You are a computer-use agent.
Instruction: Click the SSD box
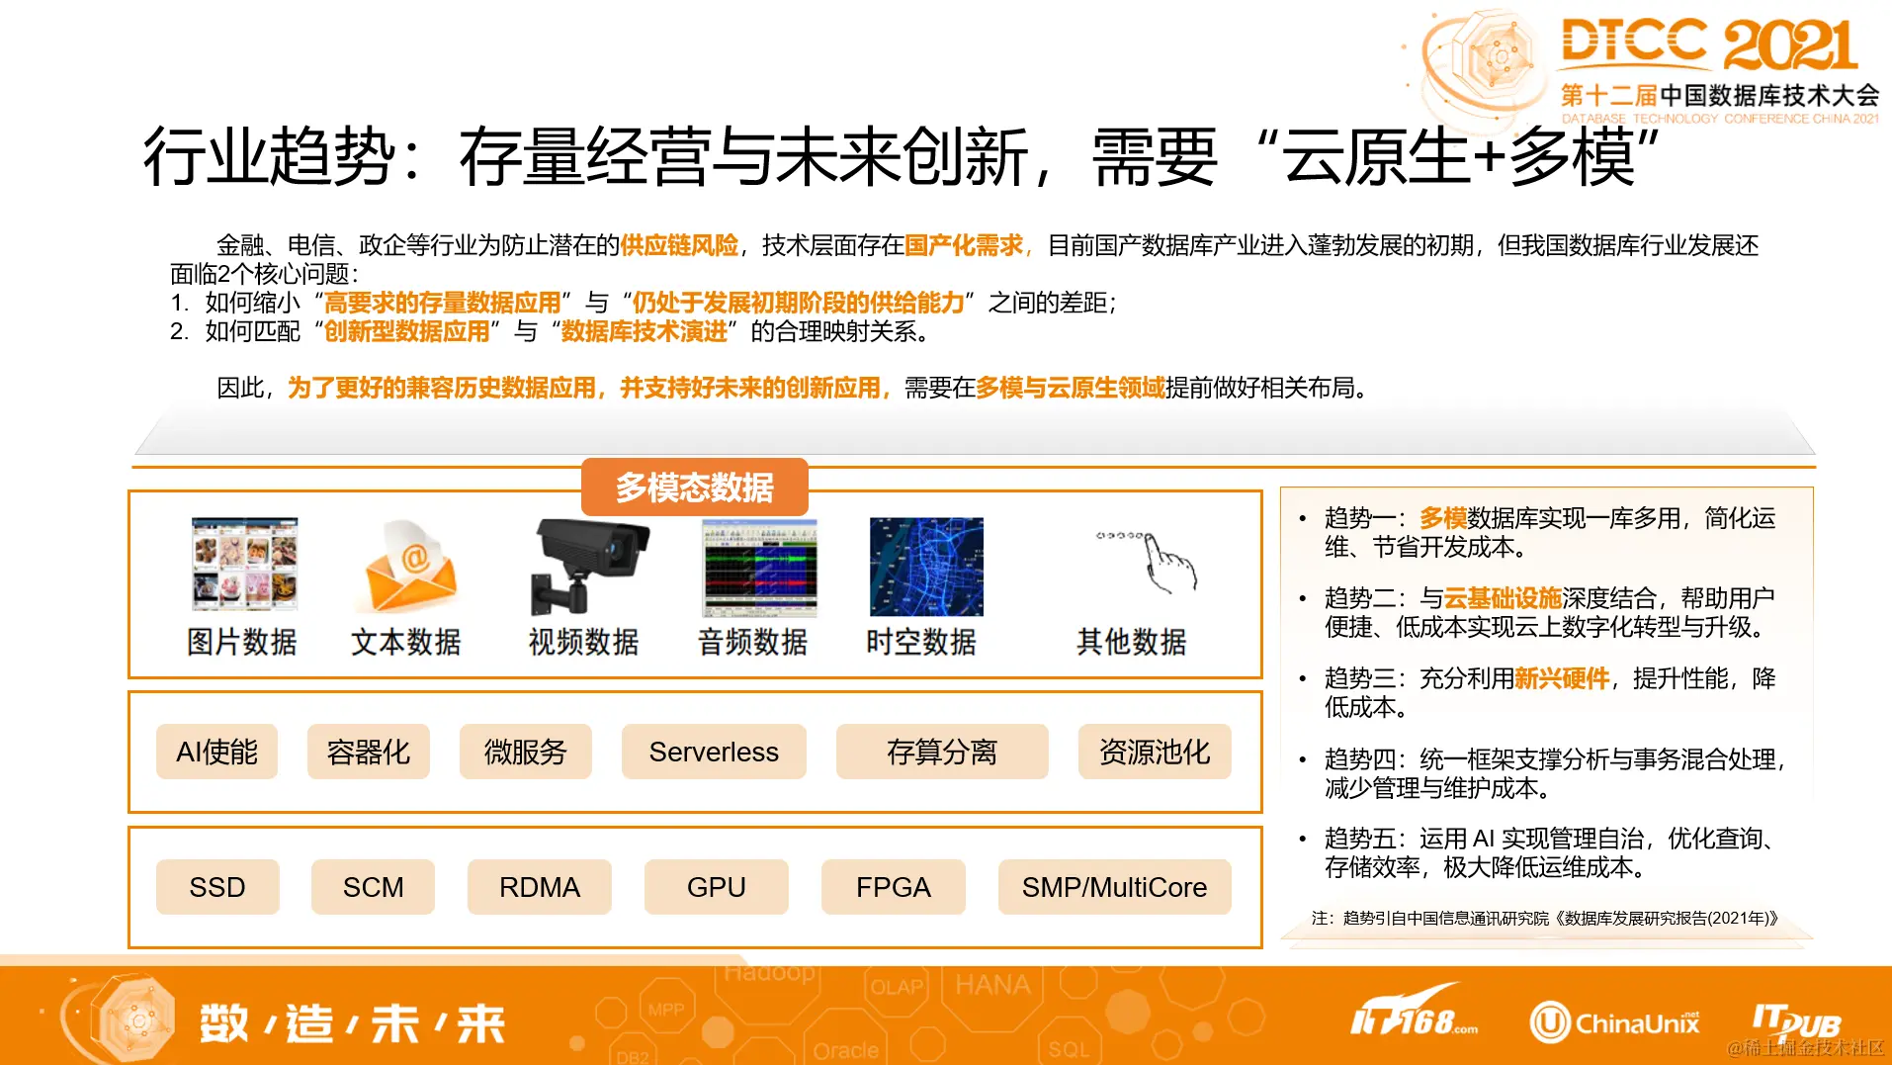217,887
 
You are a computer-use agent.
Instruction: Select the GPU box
716,887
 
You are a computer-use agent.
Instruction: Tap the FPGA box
893,887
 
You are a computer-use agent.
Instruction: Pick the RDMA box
539,887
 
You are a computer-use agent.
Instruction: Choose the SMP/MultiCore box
1114,887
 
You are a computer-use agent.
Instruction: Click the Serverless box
714,752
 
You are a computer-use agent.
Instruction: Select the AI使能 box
216,752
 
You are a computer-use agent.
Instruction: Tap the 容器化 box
368,752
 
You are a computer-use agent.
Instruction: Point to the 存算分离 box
941,752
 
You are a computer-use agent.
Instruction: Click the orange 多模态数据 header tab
694,487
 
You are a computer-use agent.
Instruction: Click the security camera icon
588,565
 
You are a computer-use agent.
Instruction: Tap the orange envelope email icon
411,566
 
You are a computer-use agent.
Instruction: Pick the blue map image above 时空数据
926,567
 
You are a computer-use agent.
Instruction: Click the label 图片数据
242,642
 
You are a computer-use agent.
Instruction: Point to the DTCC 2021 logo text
1709,45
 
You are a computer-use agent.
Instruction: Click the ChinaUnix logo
1615,1022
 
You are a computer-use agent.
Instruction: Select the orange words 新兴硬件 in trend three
1562,678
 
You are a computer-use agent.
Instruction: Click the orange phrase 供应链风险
679,245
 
